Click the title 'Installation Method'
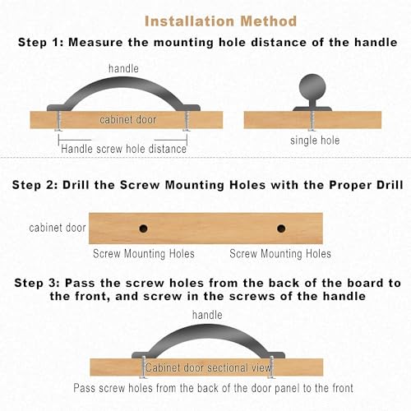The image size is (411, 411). coord(220,21)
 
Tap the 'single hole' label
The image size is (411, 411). coord(315,141)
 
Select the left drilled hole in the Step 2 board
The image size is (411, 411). coord(143,229)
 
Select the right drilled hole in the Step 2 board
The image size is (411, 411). coord(281,229)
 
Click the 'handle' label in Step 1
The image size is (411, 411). coord(123,68)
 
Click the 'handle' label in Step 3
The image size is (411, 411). coord(207,315)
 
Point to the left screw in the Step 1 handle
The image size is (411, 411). coord(58,121)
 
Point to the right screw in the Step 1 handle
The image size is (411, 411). coord(187,121)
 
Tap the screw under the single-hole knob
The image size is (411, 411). coord(312,121)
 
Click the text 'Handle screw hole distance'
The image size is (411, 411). coord(123,149)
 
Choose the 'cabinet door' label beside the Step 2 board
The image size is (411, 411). coord(58,228)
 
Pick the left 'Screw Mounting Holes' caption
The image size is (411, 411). coord(144,253)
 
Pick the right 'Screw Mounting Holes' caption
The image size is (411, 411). coord(280,253)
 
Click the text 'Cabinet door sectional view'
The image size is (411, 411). coord(208,367)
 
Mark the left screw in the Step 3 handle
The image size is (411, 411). coord(144,367)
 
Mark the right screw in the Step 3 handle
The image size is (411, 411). coord(271,367)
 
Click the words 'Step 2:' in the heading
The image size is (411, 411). coord(35,185)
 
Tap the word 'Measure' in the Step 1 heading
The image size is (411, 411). coord(95,42)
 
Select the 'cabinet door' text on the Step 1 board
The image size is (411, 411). coord(127,119)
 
